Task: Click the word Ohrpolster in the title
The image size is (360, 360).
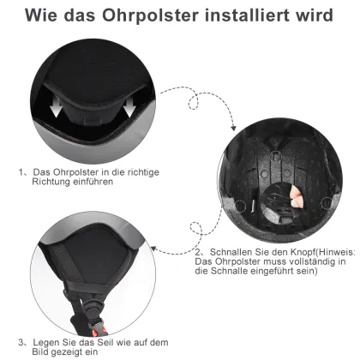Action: tap(150, 15)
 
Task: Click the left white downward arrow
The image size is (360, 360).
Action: tap(56, 107)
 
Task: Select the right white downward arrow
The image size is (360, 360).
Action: tap(129, 107)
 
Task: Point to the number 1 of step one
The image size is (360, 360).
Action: tap(21, 172)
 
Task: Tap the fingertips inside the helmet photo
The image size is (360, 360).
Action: tap(297, 197)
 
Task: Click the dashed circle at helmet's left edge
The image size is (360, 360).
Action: tap(241, 206)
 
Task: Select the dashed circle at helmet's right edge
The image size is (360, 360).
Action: tap(327, 203)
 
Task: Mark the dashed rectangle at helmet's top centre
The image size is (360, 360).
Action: tap(276, 156)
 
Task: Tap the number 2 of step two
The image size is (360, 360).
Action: tap(198, 253)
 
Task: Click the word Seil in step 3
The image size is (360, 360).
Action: tap(105, 342)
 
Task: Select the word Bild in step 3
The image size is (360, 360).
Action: tap(39, 351)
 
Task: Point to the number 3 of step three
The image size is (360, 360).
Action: tap(21, 342)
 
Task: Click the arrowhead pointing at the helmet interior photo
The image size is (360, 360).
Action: tap(233, 128)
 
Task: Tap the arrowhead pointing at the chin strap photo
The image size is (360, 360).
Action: tap(154, 249)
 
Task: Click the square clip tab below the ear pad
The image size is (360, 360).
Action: tap(93, 120)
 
